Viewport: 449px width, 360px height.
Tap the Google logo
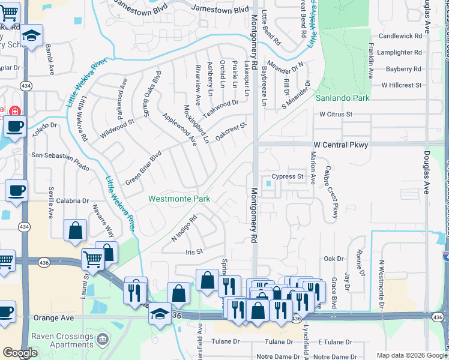(x=20, y=353)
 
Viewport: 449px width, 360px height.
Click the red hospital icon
(x=13, y=111)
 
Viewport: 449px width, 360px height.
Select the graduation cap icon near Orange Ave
(x=160, y=314)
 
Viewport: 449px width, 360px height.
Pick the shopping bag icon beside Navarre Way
(x=76, y=230)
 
